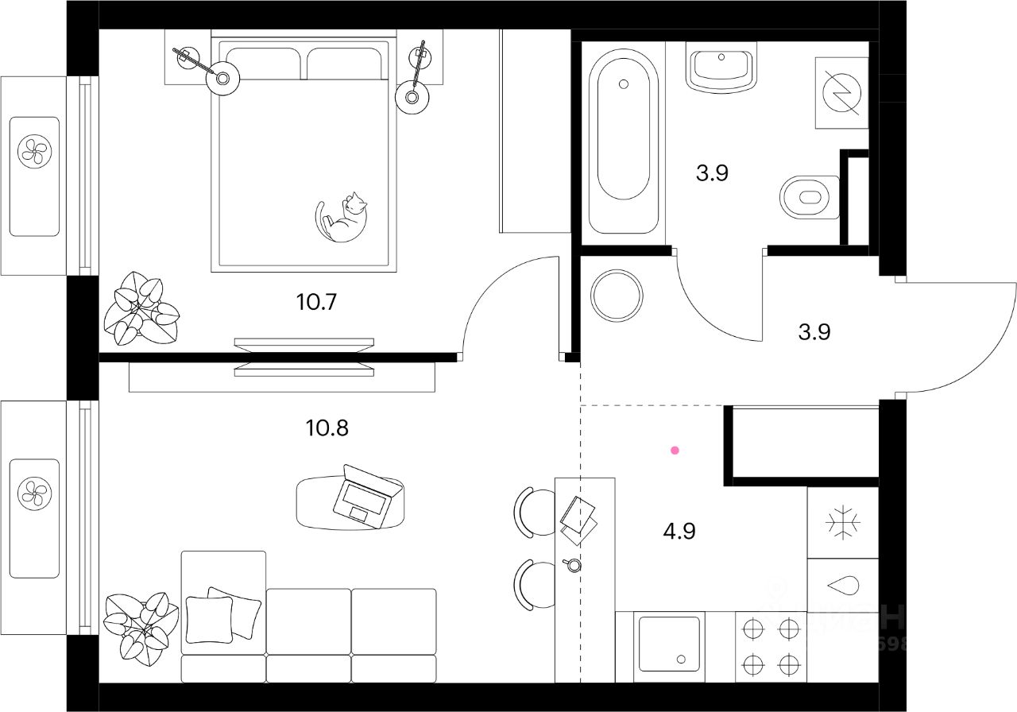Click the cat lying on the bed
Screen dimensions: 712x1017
(x=342, y=218)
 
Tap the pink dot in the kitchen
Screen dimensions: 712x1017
(x=675, y=451)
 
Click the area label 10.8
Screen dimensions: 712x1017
(x=327, y=428)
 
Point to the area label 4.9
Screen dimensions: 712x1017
(x=679, y=531)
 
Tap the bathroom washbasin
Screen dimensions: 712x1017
(x=721, y=68)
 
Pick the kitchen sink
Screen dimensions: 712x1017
(x=669, y=643)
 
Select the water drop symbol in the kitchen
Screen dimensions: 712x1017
(x=842, y=586)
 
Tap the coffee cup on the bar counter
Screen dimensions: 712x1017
(x=571, y=565)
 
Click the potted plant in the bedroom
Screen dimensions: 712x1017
(x=141, y=308)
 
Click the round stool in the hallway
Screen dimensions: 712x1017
(x=617, y=296)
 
